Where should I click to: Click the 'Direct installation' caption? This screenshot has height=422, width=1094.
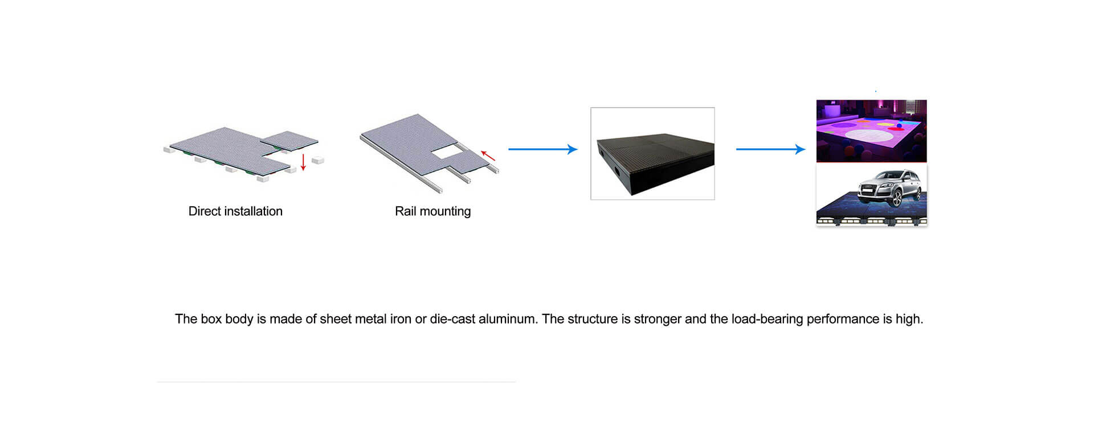coord(235,211)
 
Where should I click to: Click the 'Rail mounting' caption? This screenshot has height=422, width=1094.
coord(433,211)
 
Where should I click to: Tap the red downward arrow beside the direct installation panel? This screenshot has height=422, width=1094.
coord(303,162)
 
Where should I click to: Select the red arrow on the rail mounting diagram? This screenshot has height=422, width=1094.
coord(488,155)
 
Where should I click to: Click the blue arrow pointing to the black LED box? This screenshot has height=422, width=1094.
coord(543,149)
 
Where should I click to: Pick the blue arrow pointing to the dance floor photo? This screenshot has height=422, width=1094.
coord(771,149)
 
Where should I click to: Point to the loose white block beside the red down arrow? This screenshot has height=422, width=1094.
coord(317,161)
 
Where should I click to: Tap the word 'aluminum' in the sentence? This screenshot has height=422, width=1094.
coord(508,319)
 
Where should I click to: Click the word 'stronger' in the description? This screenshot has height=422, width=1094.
coord(658,319)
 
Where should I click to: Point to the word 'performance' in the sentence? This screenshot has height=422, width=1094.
coord(843,319)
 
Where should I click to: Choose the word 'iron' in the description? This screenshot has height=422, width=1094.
coord(401,319)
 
